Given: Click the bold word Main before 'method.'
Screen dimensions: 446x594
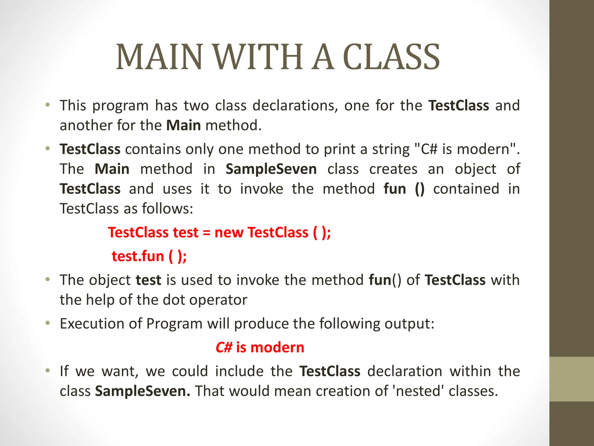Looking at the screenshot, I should click(184, 125).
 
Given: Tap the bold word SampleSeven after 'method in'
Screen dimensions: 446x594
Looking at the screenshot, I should click(271, 169).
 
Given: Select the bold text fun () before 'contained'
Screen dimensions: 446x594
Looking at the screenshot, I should click(404, 189).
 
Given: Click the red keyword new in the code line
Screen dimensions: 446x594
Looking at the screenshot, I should click(229, 233).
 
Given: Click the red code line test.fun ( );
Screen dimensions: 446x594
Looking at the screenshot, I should click(149, 256).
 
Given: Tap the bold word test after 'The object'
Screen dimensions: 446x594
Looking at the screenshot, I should click(148, 280).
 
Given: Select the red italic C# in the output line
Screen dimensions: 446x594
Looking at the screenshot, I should click(224, 348).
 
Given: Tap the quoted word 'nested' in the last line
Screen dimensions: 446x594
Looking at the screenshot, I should click(418, 391).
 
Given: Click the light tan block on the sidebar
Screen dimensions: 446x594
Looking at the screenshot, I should click(572, 379).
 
